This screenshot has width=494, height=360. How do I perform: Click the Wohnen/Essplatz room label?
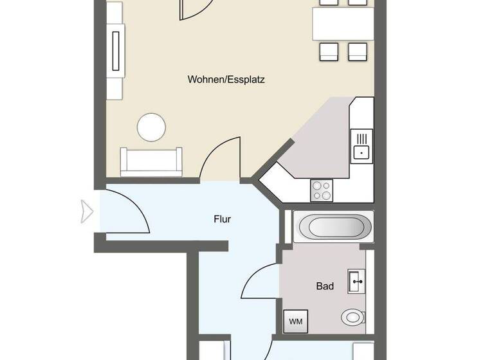pos(226,80)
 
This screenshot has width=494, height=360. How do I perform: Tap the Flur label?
pos(222,219)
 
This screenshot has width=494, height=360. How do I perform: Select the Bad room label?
pos(325,286)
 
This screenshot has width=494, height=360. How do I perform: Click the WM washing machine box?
pos(296,321)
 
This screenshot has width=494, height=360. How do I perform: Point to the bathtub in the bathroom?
pos(332,227)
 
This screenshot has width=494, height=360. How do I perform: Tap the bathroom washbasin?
pos(356,281)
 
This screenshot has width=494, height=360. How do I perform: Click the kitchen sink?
pos(362,145)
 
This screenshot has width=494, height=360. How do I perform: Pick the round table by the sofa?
pos(153,127)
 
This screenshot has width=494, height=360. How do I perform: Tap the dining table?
pos(343,24)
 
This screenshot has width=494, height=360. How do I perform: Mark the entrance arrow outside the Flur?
pos(87,211)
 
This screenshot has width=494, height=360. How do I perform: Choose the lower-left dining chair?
pos(328,51)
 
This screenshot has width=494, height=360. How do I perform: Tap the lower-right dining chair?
pos(357,51)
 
